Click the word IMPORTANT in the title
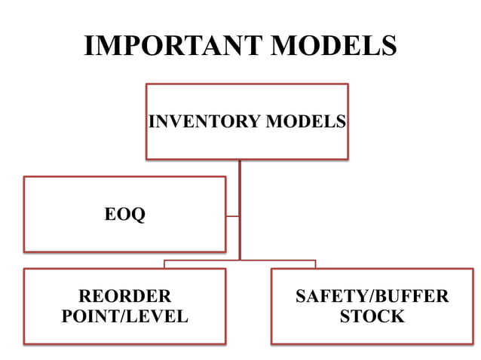pos(173,46)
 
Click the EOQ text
pos(124,215)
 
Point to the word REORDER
pos(124,296)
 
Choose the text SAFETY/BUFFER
pos(372,296)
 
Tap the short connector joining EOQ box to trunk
pos(232,215)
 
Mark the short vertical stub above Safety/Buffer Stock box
pos(315,264)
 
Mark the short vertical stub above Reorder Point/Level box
pos(164,264)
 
